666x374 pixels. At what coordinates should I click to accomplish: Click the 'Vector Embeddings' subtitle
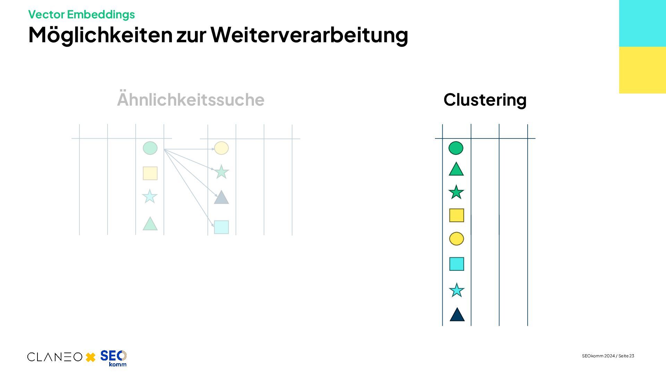pyautogui.click(x=81, y=15)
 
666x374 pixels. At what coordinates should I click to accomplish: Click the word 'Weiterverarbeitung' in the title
pyautogui.click(x=309, y=35)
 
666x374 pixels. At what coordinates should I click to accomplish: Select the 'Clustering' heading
pyautogui.click(x=485, y=100)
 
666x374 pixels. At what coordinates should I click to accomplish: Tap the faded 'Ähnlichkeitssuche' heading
pyautogui.click(x=190, y=100)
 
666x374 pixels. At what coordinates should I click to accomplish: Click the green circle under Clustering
pyautogui.click(x=456, y=148)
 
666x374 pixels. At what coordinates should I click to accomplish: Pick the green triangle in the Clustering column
pyautogui.click(x=456, y=170)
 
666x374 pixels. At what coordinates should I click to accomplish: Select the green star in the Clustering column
pyautogui.click(x=456, y=192)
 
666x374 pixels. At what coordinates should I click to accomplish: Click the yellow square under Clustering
pyautogui.click(x=456, y=215)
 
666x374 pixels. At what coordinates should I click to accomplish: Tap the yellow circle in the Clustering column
pyautogui.click(x=456, y=239)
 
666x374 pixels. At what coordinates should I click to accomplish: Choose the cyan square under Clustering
pyautogui.click(x=456, y=264)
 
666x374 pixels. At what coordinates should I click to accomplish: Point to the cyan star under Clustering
pyautogui.click(x=456, y=290)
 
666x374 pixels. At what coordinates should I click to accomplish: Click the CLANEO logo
pyautogui.click(x=55, y=357)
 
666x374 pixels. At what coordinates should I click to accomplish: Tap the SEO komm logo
pyautogui.click(x=113, y=358)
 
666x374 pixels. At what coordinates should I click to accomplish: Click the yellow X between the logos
pyautogui.click(x=91, y=357)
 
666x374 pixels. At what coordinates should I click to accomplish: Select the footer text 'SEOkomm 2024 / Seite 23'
pyautogui.click(x=608, y=356)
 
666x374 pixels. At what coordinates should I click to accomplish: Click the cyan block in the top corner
pyautogui.click(x=642, y=23)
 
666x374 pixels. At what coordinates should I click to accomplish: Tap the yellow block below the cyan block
pyautogui.click(x=642, y=70)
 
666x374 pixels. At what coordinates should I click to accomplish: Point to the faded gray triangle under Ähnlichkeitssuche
pyautogui.click(x=221, y=197)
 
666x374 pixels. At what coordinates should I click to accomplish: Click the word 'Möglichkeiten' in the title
pyautogui.click(x=100, y=35)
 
